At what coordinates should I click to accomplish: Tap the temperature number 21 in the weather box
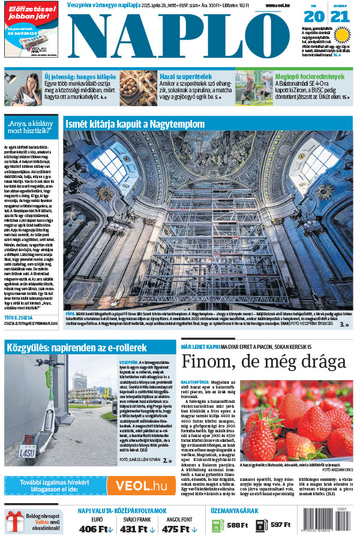340,19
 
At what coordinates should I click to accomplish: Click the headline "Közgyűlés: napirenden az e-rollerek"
76,347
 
